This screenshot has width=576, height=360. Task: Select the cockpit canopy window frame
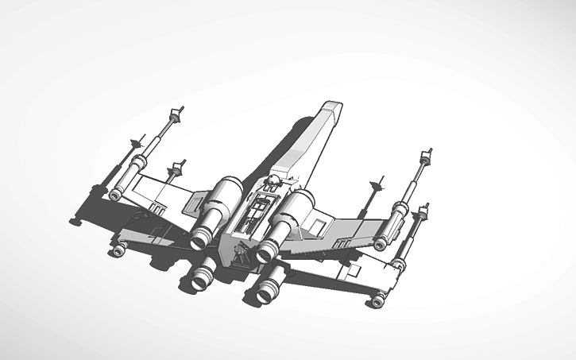pyautogui.click(x=254, y=211)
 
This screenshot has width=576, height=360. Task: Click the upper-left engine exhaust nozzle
pyautogui.click(x=200, y=238)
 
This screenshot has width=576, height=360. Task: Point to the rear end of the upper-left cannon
pyautogui.click(x=116, y=194)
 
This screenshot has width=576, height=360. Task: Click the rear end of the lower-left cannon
pyautogui.click(x=118, y=251)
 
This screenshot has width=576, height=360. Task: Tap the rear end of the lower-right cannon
pyautogui.click(x=378, y=300)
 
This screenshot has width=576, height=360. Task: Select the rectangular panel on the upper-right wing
pyautogui.click(x=317, y=229)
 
